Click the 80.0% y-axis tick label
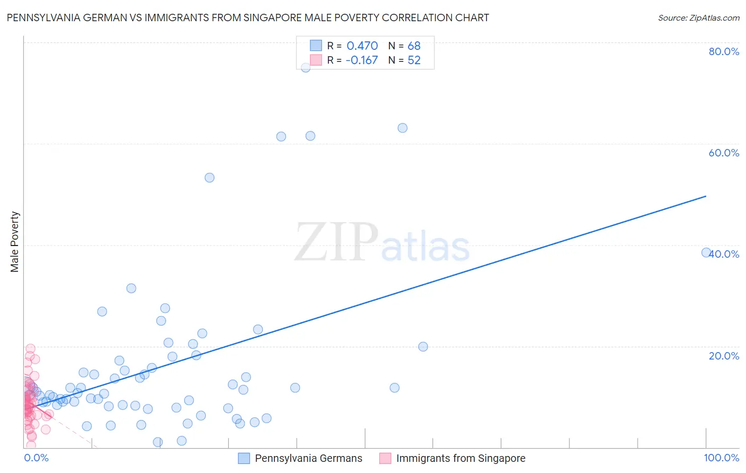click(724, 51)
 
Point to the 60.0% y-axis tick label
click(724, 153)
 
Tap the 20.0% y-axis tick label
click(724, 356)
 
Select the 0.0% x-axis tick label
click(36, 458)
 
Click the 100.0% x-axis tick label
click(721, 458)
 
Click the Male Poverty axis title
click(14, 242)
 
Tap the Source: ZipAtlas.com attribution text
click(698, 18)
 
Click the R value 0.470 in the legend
click(362, 46)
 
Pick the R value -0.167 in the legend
click(361, 60)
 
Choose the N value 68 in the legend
click(414, 46)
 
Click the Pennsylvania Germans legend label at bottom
click(308, 459)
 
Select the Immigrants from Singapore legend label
click(461, 459)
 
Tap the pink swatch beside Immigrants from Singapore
click(385, 459)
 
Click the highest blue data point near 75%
click(306, 67)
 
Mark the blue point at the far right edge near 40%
click(706, 252)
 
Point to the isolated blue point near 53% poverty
click(210, 178)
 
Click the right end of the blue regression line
click(706, 196)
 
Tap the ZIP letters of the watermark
click(336, 242)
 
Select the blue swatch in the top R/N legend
click(316, 46)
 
